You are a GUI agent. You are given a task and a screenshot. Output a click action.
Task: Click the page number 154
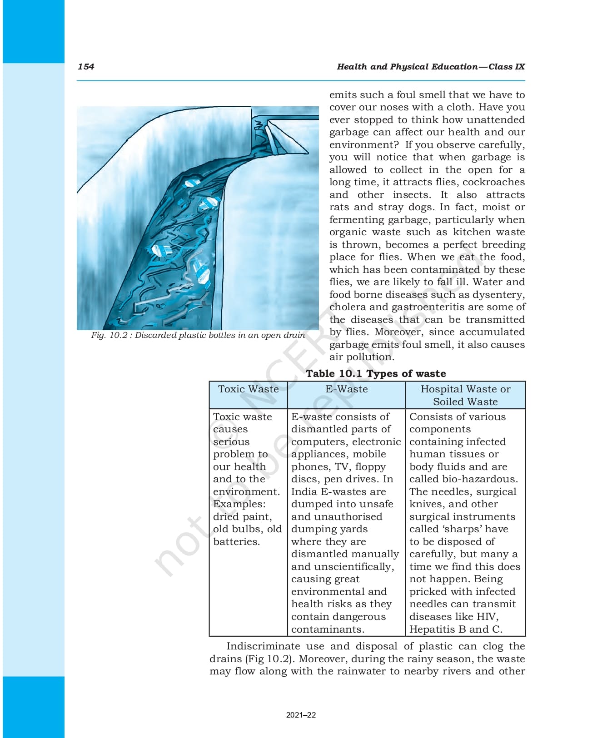[86, 67]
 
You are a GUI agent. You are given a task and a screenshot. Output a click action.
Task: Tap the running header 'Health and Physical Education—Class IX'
[430, 67]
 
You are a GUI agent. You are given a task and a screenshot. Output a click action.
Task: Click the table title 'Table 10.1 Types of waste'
[376, 374]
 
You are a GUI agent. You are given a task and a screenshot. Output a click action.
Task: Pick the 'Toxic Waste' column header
[248, 389]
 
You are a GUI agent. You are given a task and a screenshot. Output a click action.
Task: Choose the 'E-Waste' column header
[346, 389]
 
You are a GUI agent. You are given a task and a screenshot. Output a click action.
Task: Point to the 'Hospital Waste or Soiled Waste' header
[465, 395]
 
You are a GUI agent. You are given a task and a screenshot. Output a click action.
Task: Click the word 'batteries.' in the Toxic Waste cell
[236, 542]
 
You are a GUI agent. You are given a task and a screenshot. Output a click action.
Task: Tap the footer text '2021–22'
[301, 715]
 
